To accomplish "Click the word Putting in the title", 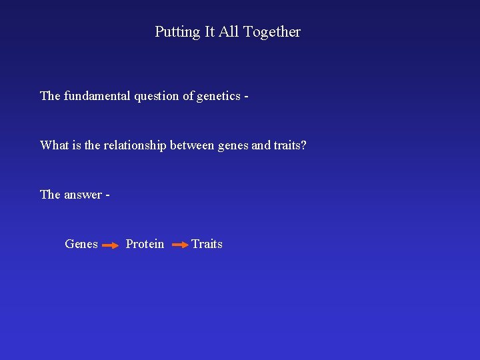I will pyautogui.click(x=177, y=32).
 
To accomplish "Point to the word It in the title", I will pyautogui.click(x=209, y=31).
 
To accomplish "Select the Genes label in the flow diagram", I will pyautogui.click(x=81, y=244).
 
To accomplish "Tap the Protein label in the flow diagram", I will pyautogui.click(x=145, y=244).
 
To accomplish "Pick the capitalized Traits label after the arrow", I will pyautogui.click(x=207, y=244).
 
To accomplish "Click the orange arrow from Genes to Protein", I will pyautogui.click(x=111, y=245).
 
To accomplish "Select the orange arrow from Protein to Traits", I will pyautogui.click(x=180, y=245).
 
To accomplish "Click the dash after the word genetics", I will pyautogui.click(x=247, y=97).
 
